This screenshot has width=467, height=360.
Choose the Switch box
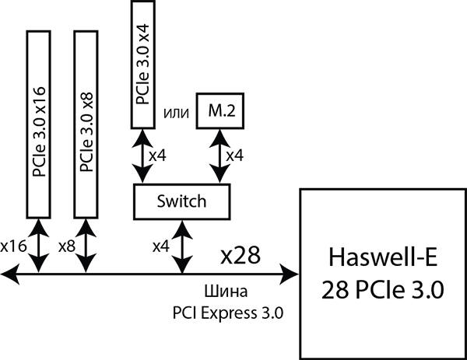[x=182, y=202]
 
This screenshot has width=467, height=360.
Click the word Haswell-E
[x=384, y=256]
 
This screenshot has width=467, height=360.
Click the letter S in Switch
[x=161, y=202]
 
